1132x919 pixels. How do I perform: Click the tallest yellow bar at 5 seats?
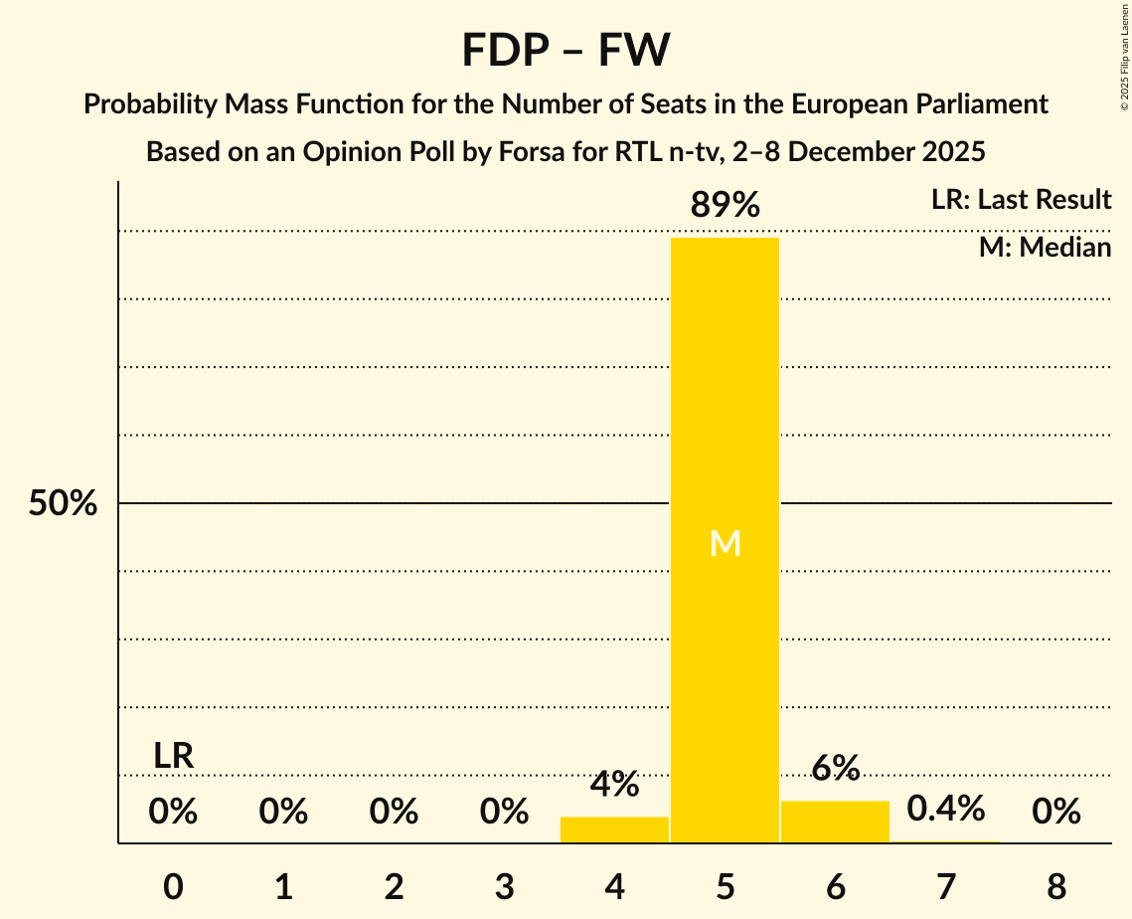point(725,398)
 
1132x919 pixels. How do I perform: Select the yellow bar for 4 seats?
point(614,829)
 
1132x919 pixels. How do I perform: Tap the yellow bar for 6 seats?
point(835,822)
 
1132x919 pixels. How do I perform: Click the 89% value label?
point(726,206)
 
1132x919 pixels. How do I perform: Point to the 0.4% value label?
point(945,809)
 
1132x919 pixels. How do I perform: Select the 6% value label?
point(835,768)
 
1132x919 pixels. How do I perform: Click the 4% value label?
point(614,785)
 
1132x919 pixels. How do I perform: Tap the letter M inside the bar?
point(726,543)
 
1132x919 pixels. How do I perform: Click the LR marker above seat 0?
point(173,756)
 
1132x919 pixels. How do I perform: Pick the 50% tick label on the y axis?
point(63,504)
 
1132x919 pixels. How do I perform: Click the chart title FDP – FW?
point(566,50)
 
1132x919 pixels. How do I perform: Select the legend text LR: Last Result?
point(1021,200)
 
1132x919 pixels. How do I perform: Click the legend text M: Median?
point(1045,247)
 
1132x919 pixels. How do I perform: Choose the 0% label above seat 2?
point(394,813)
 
